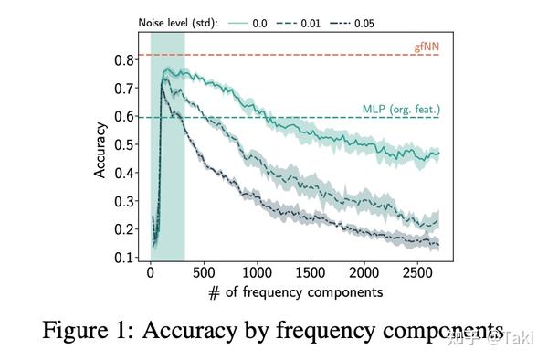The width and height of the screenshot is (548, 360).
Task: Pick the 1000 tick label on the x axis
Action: (x=258, y=272)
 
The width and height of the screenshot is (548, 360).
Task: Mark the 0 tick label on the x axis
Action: (x=151, y=272)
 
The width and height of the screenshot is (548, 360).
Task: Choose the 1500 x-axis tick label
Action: (x=311, y=272)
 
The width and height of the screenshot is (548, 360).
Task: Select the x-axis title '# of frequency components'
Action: (x=295, y=292)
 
